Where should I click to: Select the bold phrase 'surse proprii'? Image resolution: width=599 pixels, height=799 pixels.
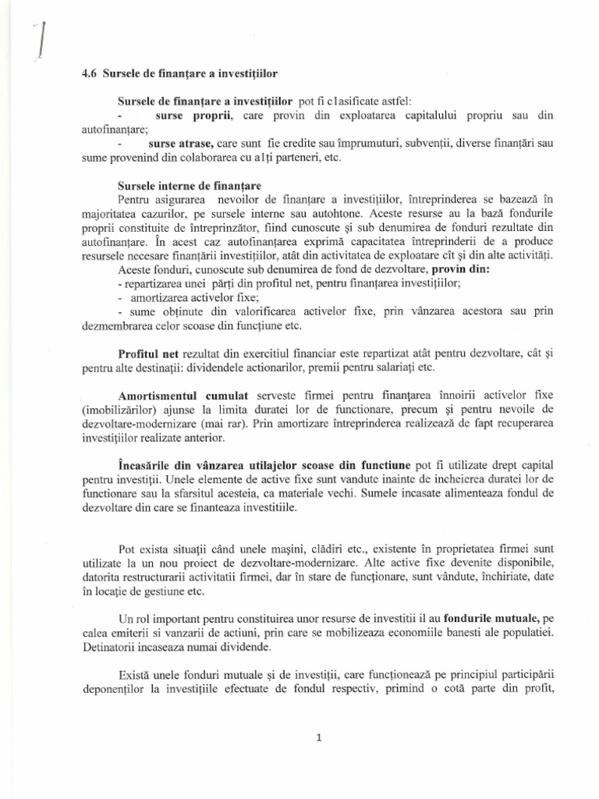(186, 115)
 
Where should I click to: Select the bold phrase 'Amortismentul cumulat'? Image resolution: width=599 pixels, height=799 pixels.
(183, 397)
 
